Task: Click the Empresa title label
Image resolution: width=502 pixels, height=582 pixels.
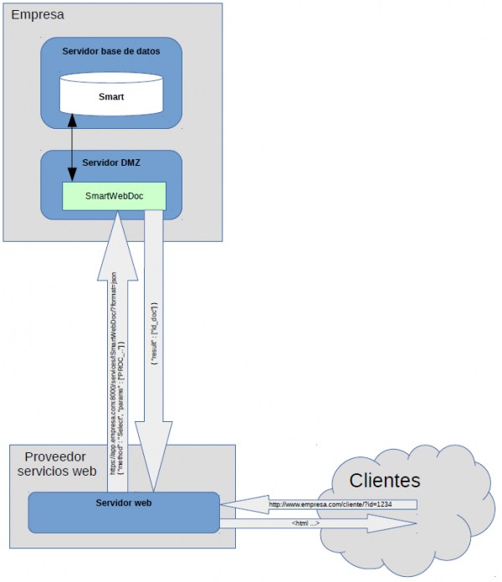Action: click(x=37, y=15)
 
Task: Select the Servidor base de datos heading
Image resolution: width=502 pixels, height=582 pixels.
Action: click(x=110, y=51)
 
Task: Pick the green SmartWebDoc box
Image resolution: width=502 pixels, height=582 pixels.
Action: click(x=115, y=196)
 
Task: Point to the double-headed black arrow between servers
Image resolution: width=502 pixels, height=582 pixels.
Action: click(x=72, y=148)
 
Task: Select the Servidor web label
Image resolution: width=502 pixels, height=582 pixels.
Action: click(x=123, y=502)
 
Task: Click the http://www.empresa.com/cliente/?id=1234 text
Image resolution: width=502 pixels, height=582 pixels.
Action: click(x=330, y=505)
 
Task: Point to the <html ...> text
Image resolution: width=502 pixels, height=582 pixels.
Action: click(x=305, y=523)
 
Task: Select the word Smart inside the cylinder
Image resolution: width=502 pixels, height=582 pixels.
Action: click(x=110, y=97)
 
